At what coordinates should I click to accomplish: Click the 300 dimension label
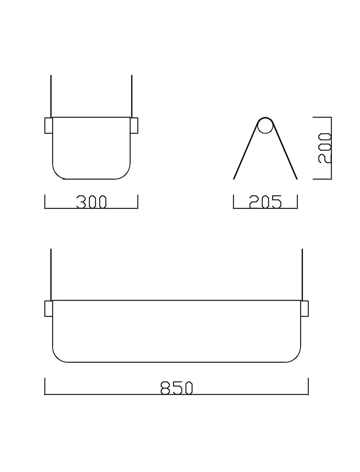[91, 202]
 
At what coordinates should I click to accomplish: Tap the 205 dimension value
[265, 202]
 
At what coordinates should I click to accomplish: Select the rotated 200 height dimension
[325, 148]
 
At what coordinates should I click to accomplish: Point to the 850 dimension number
[176, 387]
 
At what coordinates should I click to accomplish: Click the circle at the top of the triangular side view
[265, 126]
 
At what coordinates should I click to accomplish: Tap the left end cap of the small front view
[49, 126]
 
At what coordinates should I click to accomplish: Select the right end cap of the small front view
[134, 126]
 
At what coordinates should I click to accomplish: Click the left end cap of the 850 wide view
[49, 309]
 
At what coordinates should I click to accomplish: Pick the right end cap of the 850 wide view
[304, 309]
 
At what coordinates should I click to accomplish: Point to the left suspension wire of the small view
[51, 95]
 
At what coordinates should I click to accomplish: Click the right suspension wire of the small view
[132, 95]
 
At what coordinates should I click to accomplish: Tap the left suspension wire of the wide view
[51, 273]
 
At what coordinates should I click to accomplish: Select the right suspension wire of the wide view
[302, 273]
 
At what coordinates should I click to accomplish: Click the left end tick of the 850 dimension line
[45, 386]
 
